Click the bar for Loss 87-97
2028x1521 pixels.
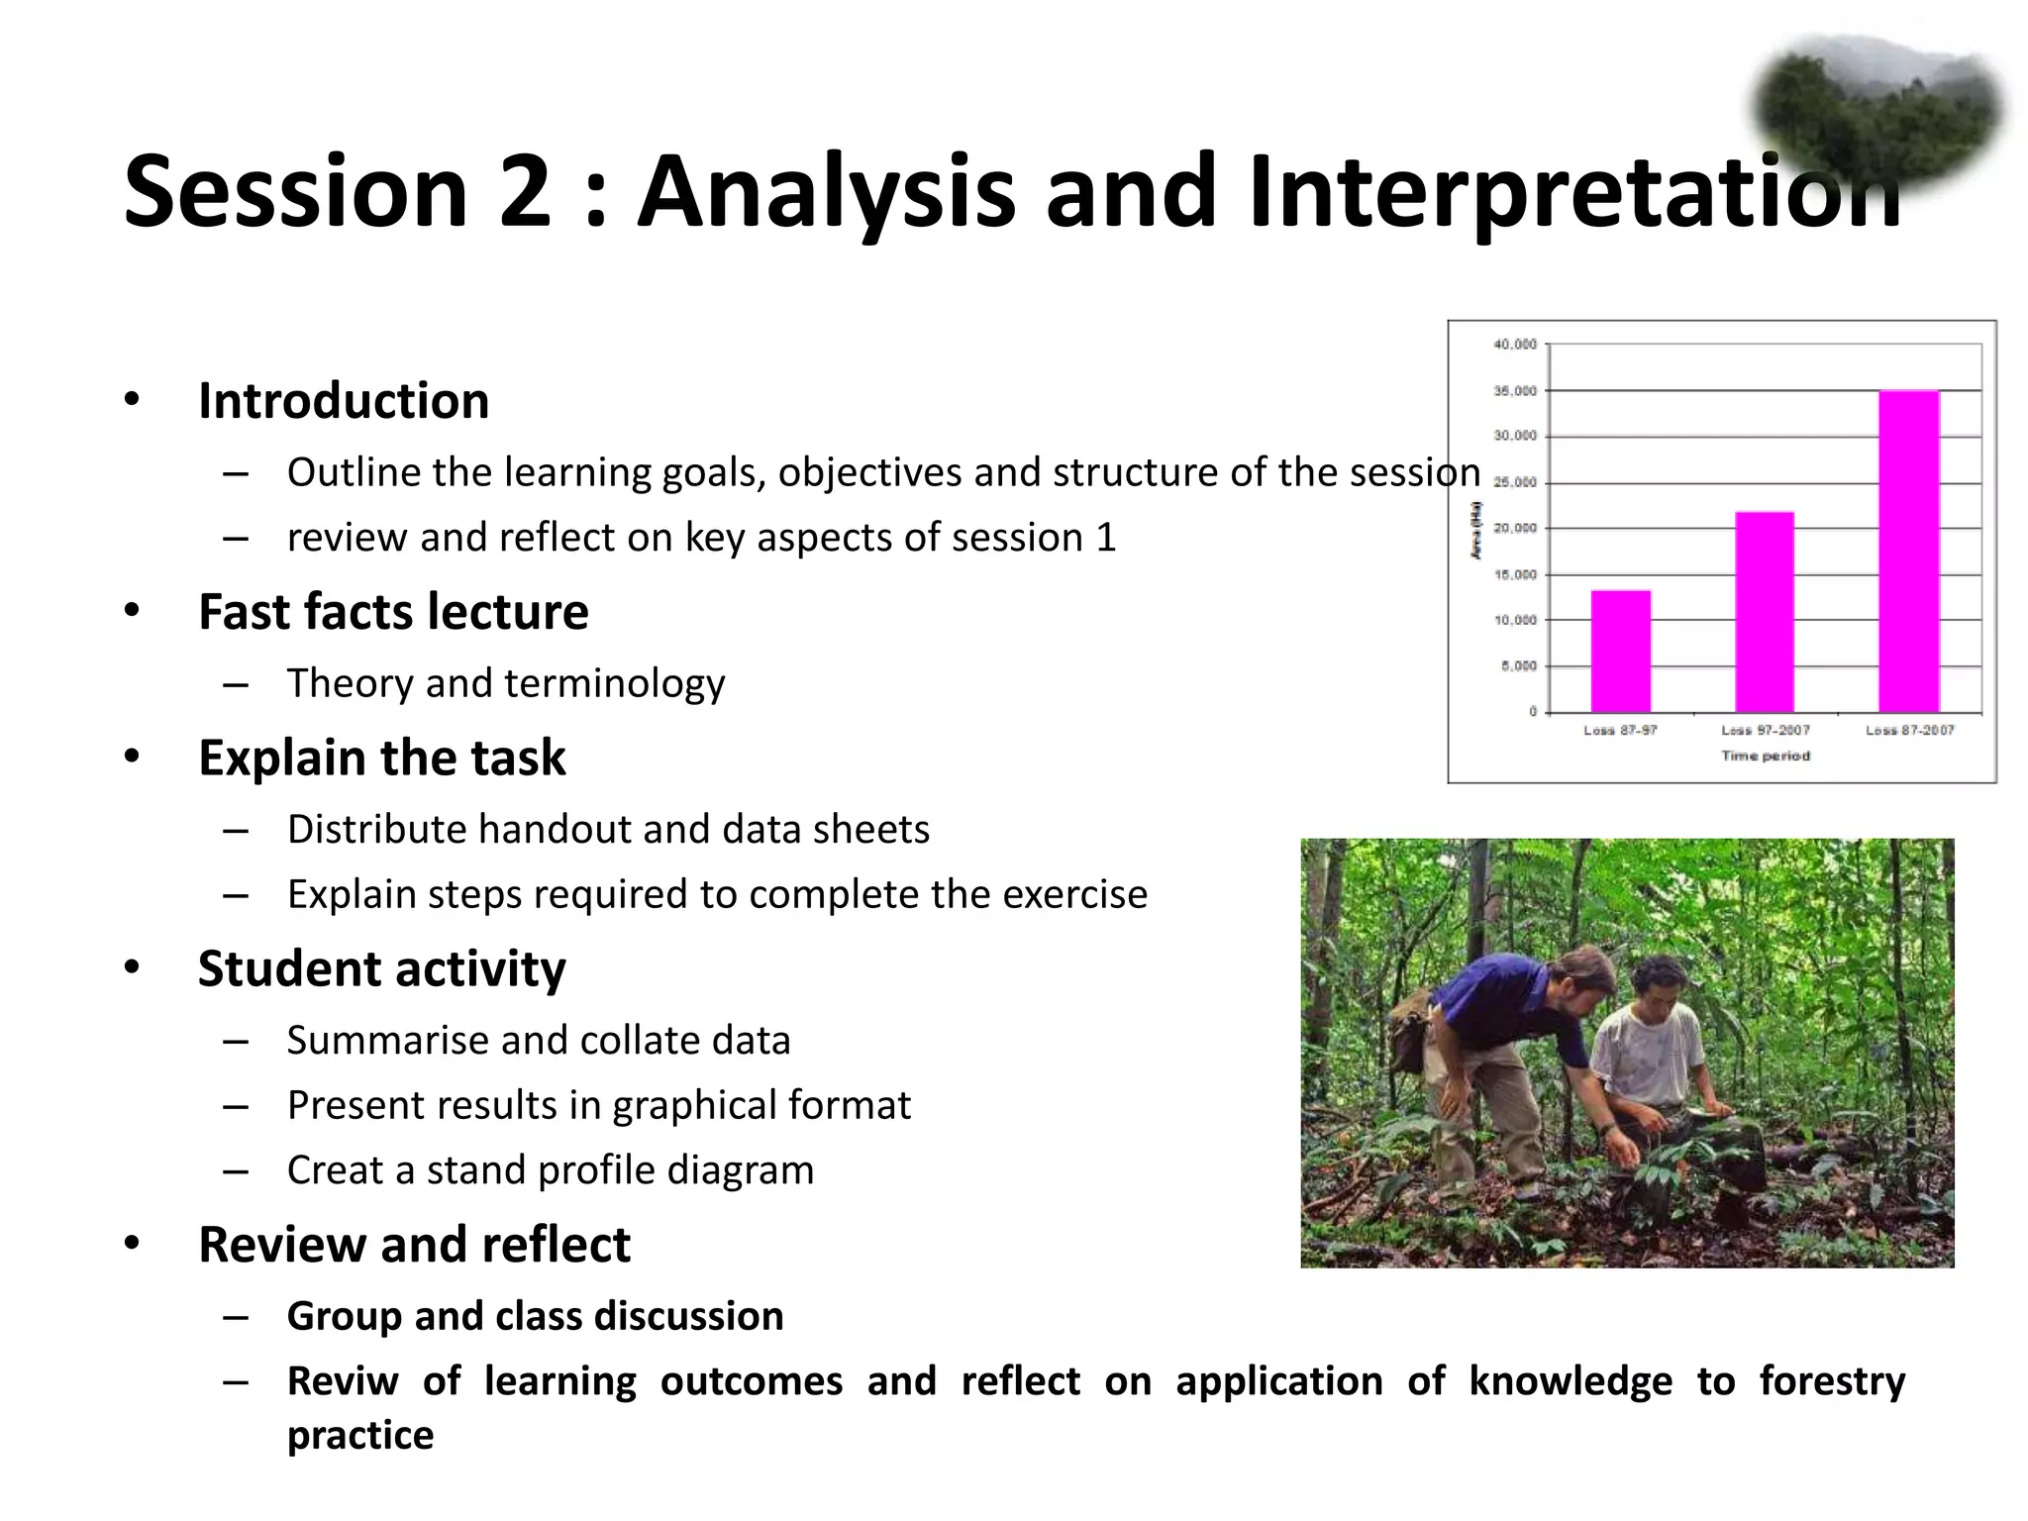point(1620,651)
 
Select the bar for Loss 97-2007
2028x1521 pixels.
point(1765,611)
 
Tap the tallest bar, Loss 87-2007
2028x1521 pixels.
point(1908,551)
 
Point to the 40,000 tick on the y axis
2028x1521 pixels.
point(1515,345)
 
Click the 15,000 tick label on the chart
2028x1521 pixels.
point(1515,574)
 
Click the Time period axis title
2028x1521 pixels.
point(1765,756)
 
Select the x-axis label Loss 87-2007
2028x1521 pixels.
point(1909,730)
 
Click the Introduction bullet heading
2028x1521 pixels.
point(344,401)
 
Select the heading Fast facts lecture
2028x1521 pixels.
point(393,611)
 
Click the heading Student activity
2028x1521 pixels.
point(381,968)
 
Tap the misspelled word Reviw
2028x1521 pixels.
point(343,1380)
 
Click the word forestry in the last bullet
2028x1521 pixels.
point(1831,1380)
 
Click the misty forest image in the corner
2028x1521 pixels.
point(1876,109)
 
